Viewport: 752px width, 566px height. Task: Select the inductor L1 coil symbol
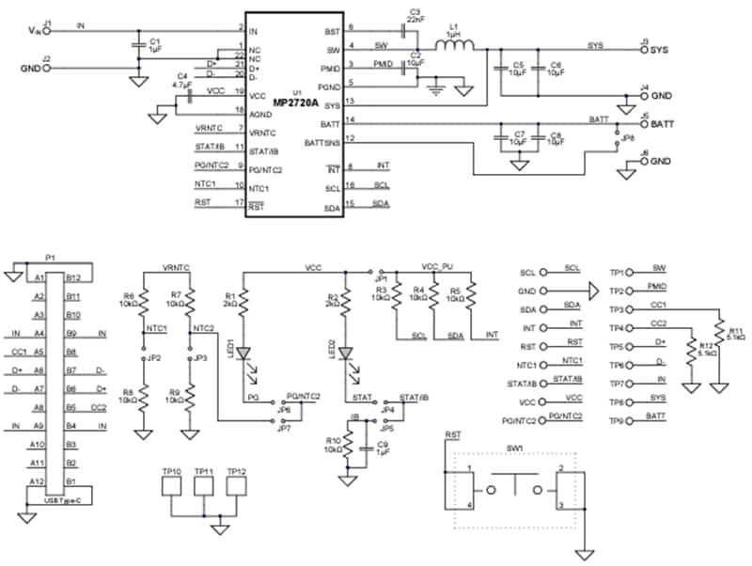coord(455,43)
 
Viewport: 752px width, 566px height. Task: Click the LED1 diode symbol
coord(243,354)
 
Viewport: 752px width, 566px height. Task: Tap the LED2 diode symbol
coord(345,354)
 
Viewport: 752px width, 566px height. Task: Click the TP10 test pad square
coord(172,486)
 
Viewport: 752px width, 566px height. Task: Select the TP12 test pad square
coord(236,486)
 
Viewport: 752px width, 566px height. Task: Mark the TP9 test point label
coord(617,420)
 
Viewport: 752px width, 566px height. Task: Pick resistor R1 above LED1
coord(243,300)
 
